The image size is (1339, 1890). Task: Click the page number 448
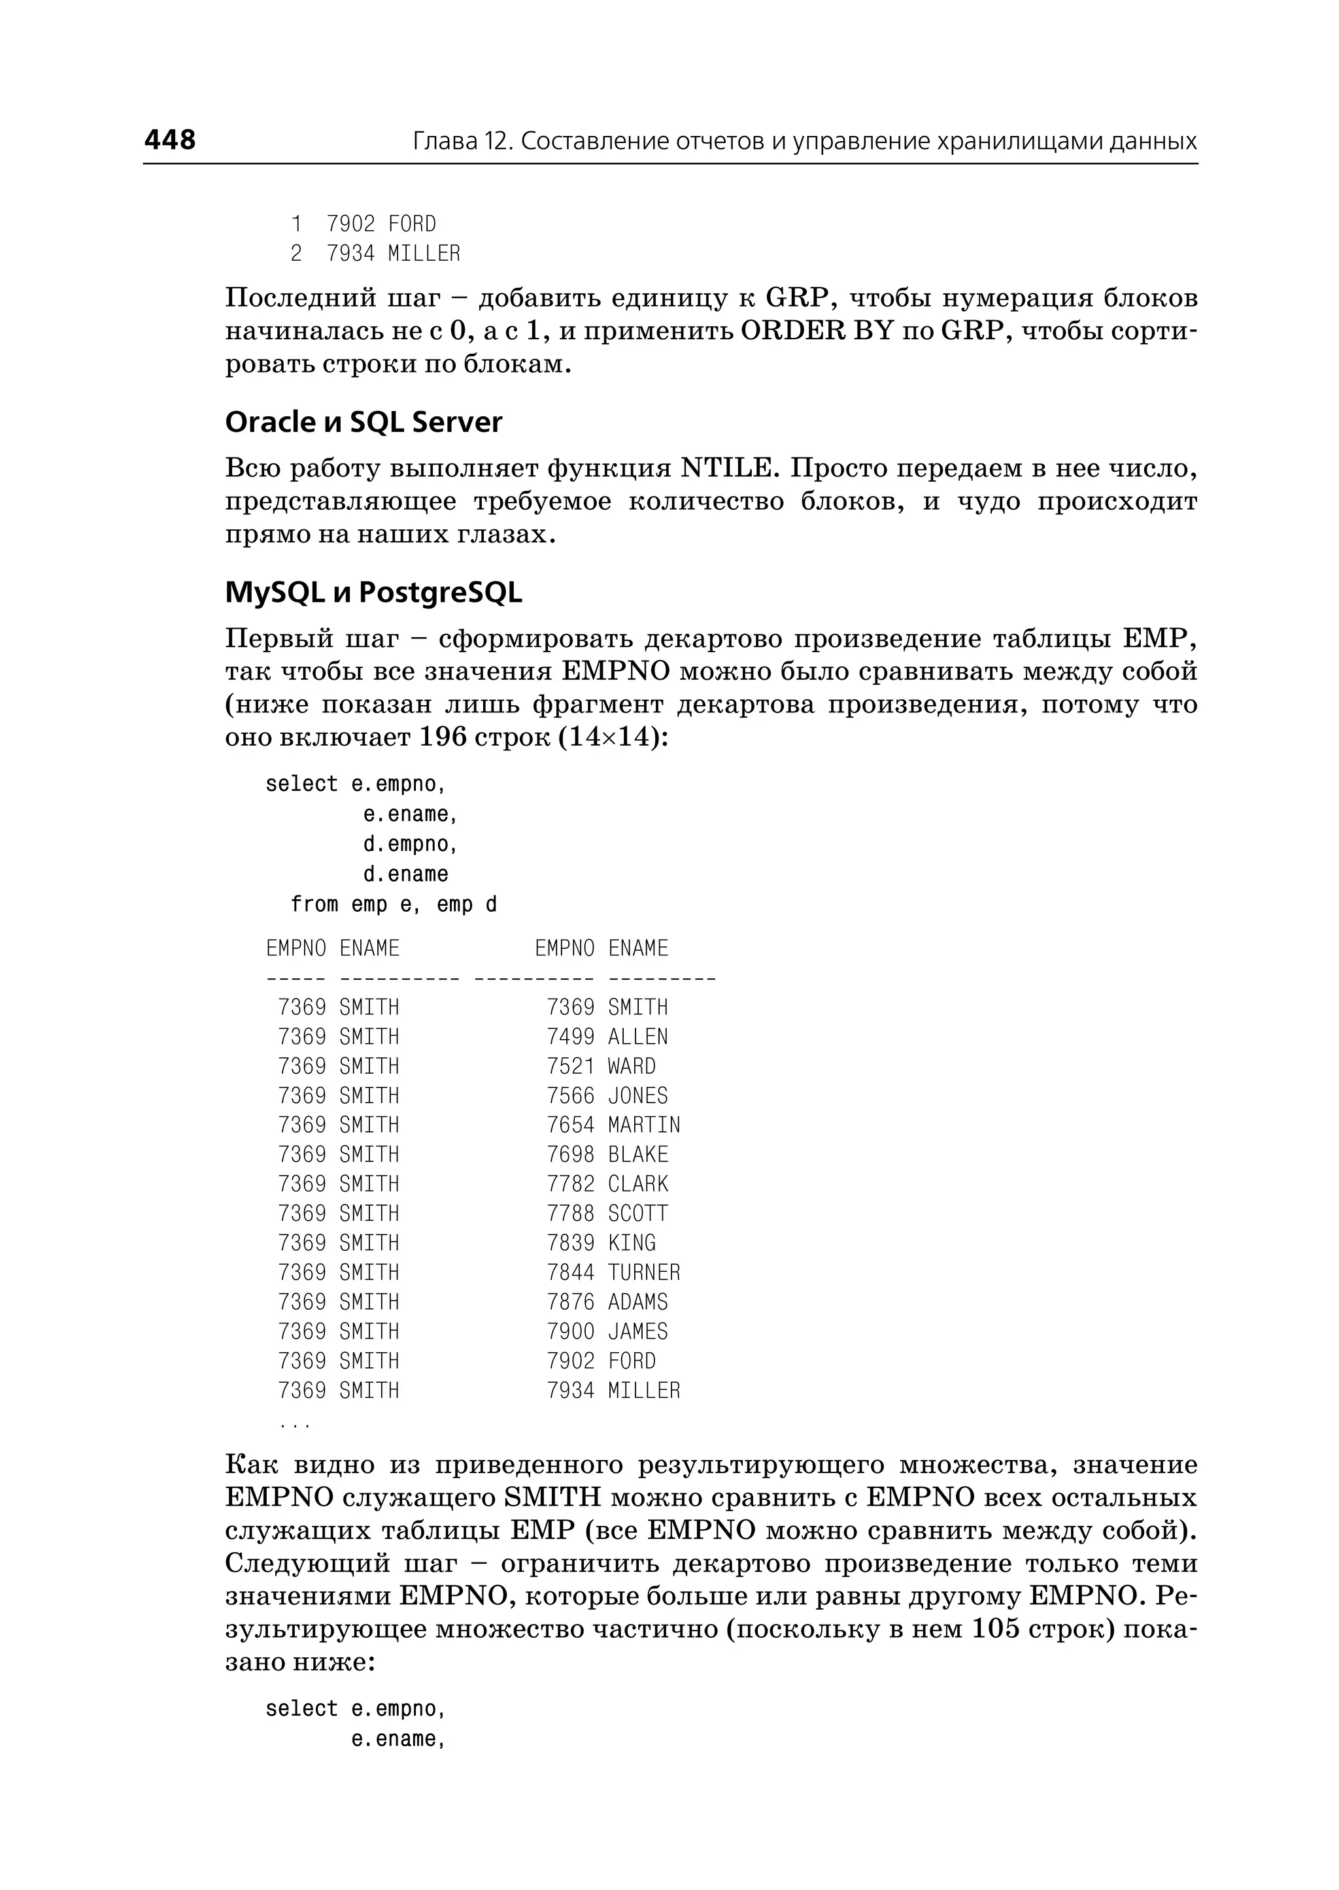[x=170, y=139]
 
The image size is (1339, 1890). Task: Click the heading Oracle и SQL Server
[x=364, y=422]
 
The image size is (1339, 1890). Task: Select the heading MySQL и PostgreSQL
[x=373, y=593]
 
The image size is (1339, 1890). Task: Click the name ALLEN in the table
[x=637, y=1037]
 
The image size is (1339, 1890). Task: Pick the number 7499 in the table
[x=571, y=1037]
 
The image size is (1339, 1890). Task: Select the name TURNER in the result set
[x=644, y=1272]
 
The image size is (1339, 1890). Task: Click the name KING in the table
[x=632, y=1243]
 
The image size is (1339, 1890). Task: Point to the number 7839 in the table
[x=571, y=1243]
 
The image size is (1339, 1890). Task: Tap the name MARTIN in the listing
[x=644, y=1125]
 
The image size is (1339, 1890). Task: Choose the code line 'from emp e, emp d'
[x=394, y=904]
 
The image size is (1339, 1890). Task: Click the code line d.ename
[x=405, y=874]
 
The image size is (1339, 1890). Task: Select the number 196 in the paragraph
[x=443, y=737]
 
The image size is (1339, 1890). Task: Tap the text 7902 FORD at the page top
[x=381, y=224]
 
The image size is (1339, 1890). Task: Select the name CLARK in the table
[x=637, y=1184]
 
